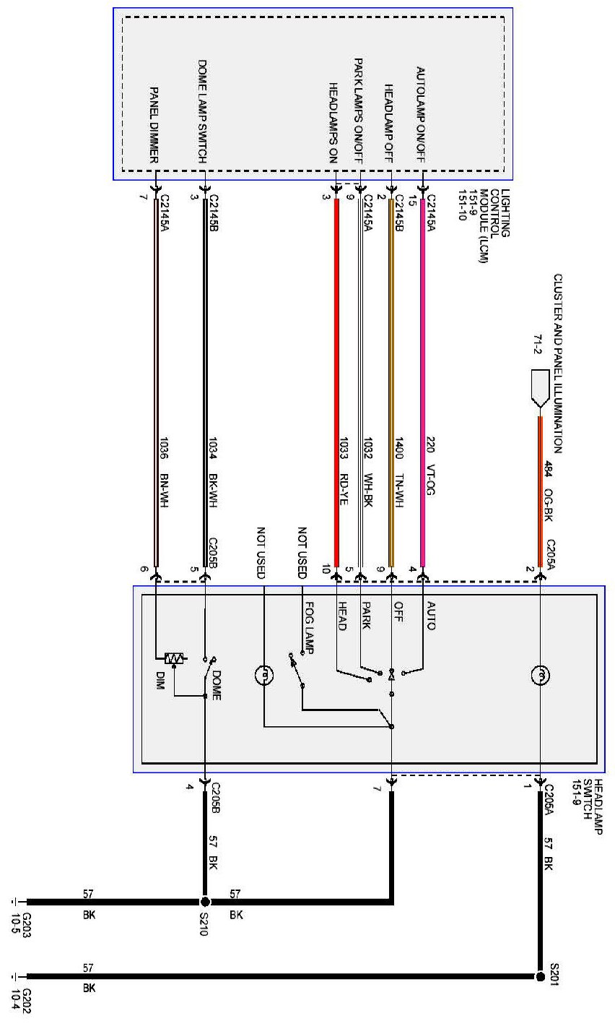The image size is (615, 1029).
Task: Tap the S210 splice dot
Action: tap(205, 902)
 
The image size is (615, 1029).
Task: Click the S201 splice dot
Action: tap(540, 976)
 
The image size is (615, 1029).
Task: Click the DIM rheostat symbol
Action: tap(174, 658)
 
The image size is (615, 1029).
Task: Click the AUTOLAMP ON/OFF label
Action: tap(422, 112)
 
